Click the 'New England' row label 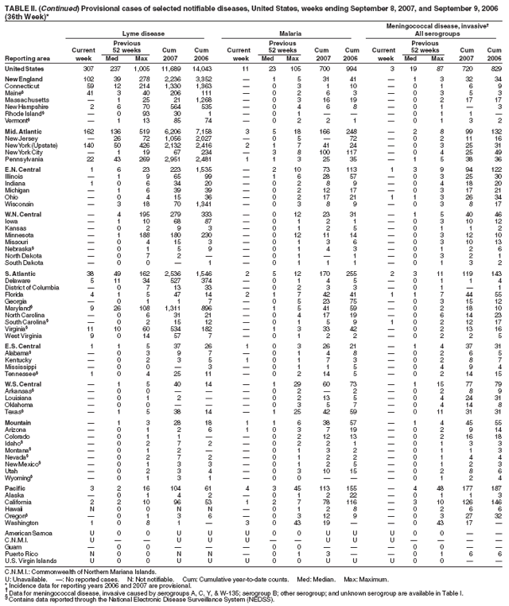pyautogui.click(x=23, y=80)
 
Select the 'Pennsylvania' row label pyautogui.click(x=22, y=161)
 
